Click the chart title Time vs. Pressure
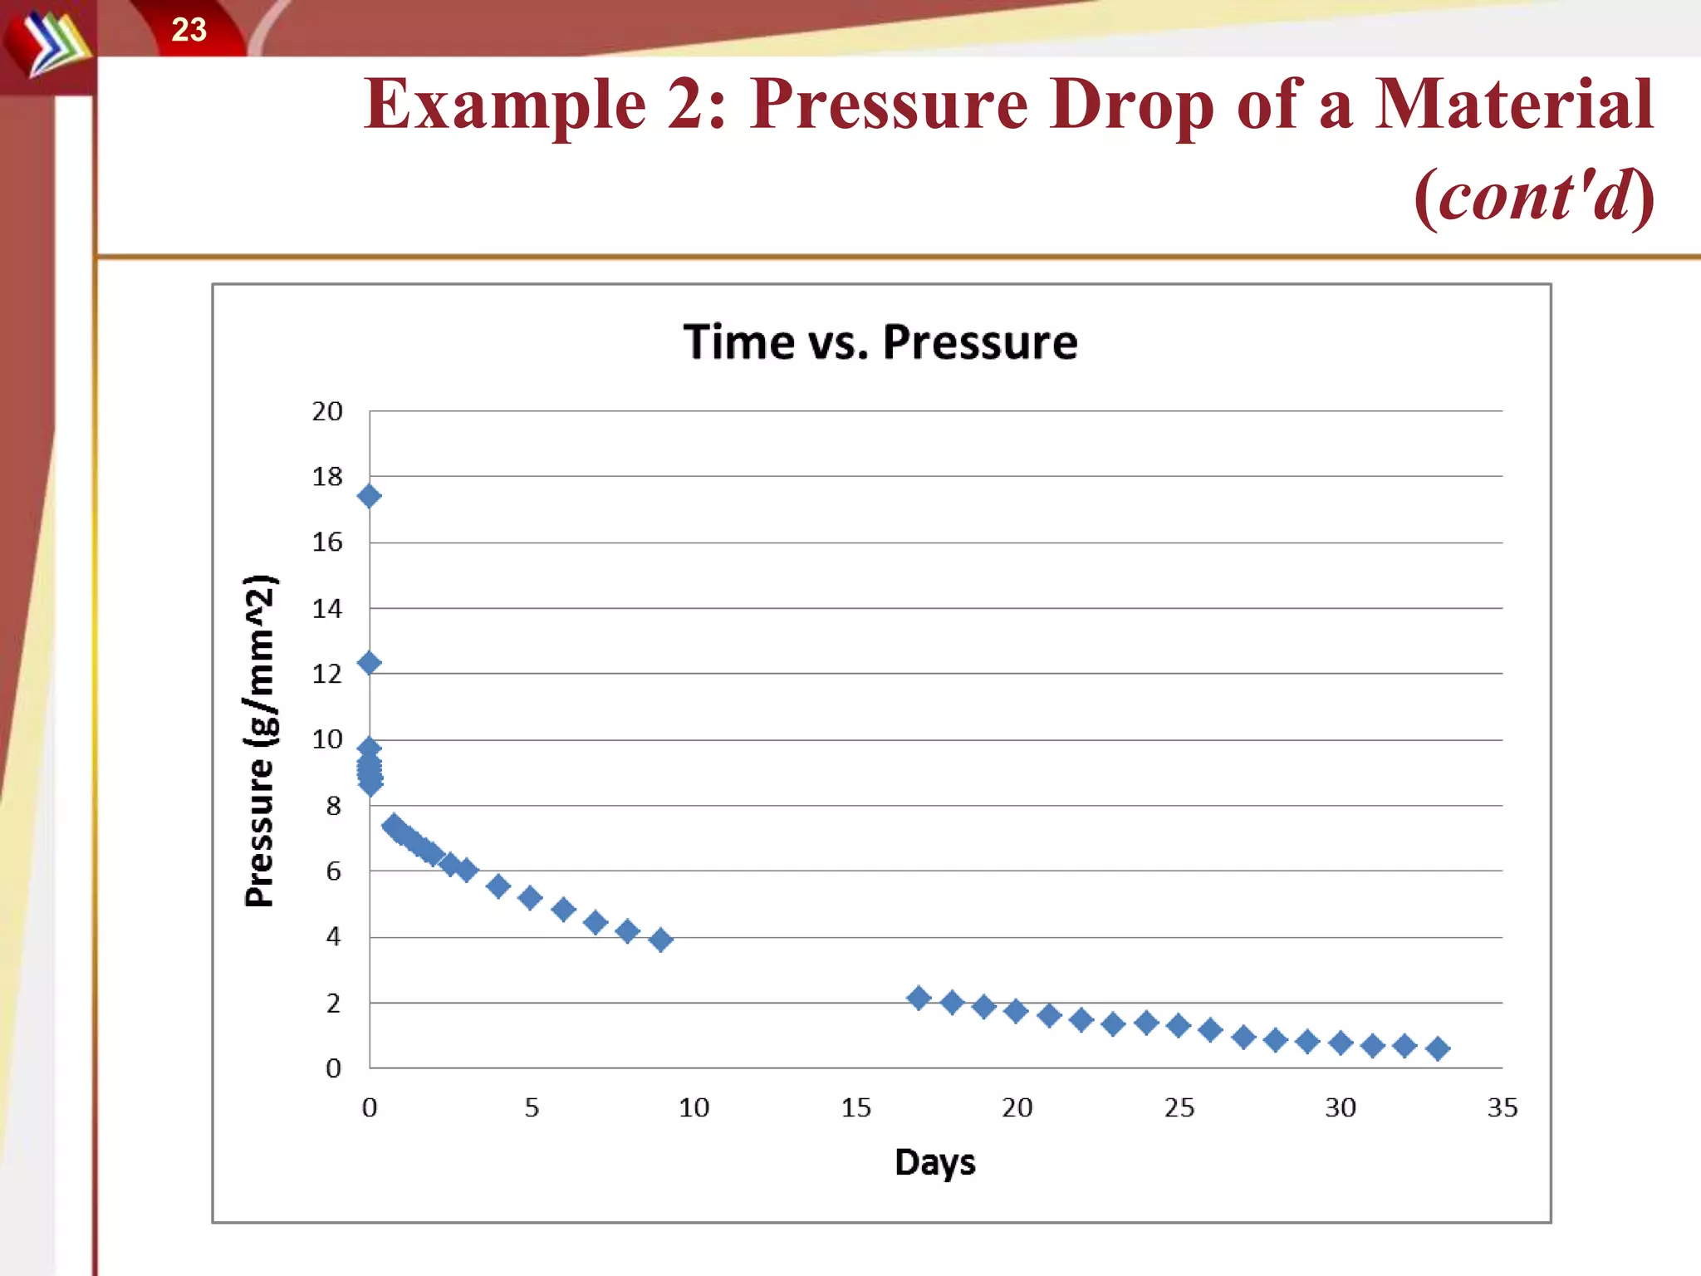pos(880,342)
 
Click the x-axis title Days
pos(934,1162)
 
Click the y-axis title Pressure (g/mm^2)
pos(260,740)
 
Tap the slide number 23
pos(189,30)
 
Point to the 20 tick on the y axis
pos(327,411)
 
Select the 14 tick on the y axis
pos(327,609)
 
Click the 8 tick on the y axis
pos(333,806)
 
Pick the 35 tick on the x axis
pos(1502,1107)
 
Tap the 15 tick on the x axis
pos(855,1107)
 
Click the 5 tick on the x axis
pos(532,1107)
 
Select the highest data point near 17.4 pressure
pos(370,497)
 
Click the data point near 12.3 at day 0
pos(370,663)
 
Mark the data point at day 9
pos(660,940)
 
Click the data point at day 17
pos(919,998)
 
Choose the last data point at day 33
pos(1438,1049)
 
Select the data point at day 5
pos(530,898)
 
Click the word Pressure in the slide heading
pos(889,105)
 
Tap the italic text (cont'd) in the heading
pos(1534,196)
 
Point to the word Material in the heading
pos(1513,105)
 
